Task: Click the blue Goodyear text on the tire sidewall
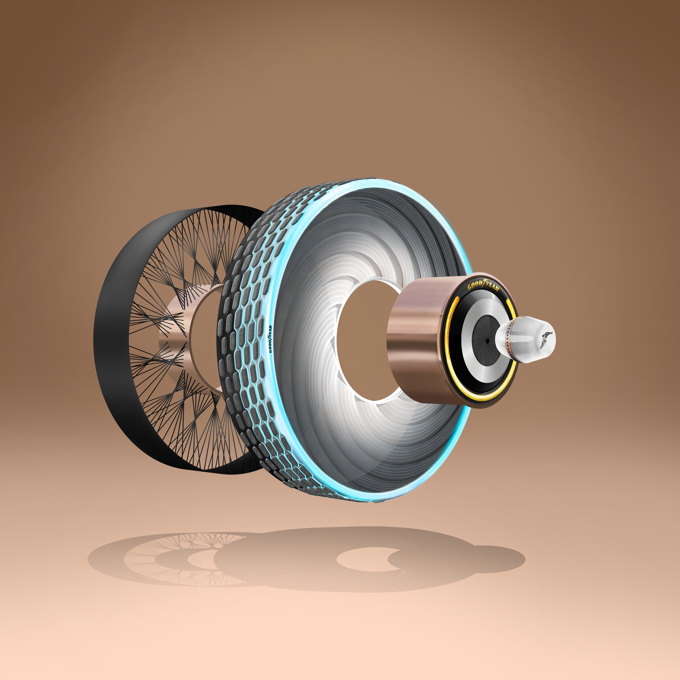pyautogui.click(x=270, y=339)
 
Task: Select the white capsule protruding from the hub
pyautogui.click(x=528, y=340)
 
